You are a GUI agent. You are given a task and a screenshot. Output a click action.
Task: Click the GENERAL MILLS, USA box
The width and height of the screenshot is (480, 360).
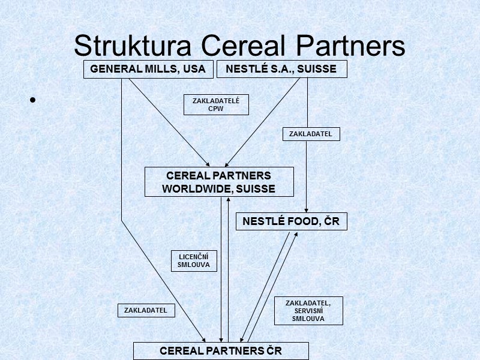pos(148,70)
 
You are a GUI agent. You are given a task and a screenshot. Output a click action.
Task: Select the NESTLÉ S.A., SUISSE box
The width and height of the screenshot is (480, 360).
pos(281,70)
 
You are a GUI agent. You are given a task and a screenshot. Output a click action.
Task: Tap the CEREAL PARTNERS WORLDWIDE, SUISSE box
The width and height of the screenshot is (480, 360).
pos(219,182)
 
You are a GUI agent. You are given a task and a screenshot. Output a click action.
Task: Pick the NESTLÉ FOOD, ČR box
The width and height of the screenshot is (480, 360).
pos(291,221)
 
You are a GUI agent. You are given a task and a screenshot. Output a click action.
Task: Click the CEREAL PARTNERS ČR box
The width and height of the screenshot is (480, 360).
pos(221,350)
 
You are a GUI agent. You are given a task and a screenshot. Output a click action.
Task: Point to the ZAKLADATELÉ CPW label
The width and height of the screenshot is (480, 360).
pos(216,105)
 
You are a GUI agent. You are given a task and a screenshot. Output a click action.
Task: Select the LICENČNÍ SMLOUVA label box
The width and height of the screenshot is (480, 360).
pos(194,260)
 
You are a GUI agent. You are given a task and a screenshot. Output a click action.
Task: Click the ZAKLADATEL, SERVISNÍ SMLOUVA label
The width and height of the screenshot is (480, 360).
pos(308,311)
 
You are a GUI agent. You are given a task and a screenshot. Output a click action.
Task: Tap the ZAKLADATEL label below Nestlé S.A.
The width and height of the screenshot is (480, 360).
pos(311,134)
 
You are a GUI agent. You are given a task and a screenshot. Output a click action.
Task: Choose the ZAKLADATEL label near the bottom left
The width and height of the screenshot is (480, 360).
pos(146,310)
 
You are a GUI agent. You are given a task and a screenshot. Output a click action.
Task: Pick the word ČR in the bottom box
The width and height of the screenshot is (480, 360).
pos(274,350)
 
